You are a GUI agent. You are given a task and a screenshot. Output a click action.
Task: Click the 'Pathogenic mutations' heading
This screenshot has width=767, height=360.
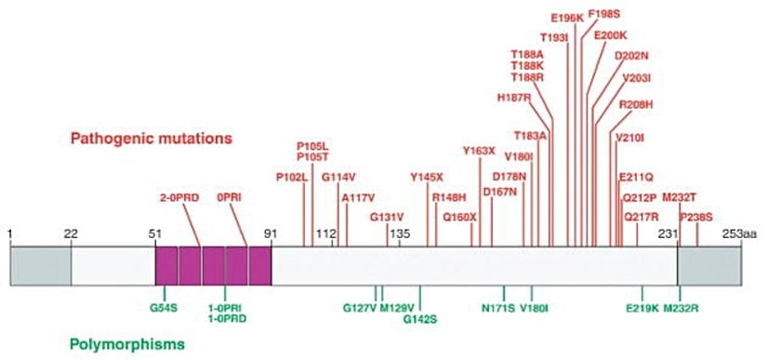pyautogui.click(x=150, y=139)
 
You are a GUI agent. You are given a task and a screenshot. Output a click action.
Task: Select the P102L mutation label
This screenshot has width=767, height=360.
pyautogui.click(x=291, y=178)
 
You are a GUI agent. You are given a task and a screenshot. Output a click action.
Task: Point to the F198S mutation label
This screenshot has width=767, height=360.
pyautogui.click(x=604, y=15)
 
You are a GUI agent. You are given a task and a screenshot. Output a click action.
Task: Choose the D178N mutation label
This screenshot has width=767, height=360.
pyautogui.click(x=509, y=176)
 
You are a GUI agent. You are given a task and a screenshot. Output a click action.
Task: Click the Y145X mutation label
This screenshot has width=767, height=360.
pyautogui.click(x=428, y=177)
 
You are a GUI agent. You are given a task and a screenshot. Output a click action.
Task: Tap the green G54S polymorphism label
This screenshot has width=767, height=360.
pyautogui.click(x=163, y=305)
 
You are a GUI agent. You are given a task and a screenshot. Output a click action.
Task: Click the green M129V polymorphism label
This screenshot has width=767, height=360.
pyautogui.click(x=398, y=307)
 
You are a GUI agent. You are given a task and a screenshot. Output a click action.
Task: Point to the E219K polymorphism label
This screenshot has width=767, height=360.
pyautogui.click(x=642, y=307)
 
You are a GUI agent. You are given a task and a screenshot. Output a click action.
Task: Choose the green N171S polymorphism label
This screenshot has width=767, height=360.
pyautogui.click(x=498, y=307)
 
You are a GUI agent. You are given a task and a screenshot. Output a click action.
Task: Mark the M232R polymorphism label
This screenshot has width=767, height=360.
pyautogui.click(x=681, y=307)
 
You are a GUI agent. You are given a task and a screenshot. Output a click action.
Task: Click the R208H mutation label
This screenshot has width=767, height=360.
pyautogui.click(x=637, y=104)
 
